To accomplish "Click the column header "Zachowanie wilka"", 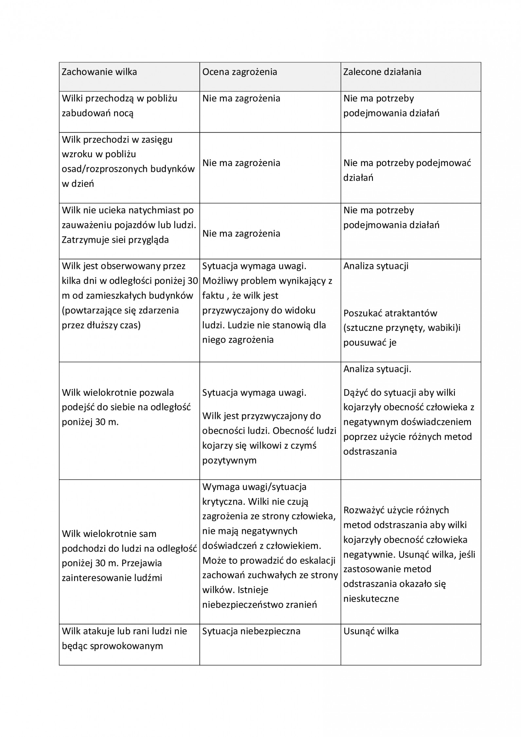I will [x=99, y=72].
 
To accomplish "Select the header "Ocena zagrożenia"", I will [x=239, y=72].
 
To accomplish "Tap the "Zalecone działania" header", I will [x=382, y=72].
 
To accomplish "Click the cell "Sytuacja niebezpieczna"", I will [x=251, y=631].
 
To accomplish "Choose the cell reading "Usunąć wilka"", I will [x=371, y=631].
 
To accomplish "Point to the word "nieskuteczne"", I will [x=371, y=599].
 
